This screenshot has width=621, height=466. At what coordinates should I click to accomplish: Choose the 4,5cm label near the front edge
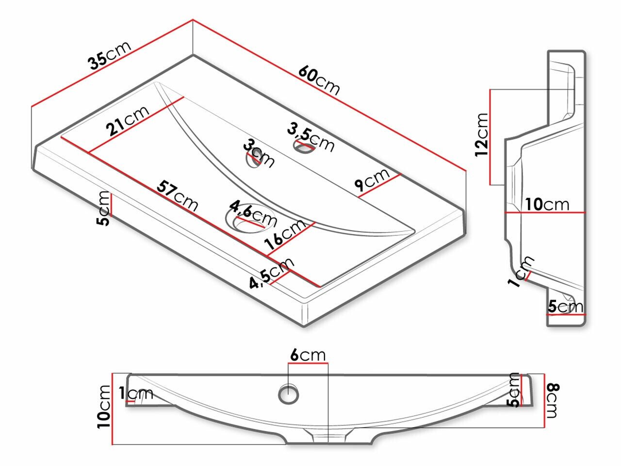[272, 273]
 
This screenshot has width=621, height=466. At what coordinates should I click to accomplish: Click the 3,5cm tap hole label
[311, 137]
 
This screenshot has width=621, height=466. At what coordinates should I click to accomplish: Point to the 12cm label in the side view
[482, 134]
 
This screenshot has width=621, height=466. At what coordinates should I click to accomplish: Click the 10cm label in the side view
[546, 204]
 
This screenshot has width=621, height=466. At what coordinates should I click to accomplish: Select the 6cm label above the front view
[308, 355]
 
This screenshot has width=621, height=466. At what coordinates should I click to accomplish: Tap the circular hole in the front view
[290, 393]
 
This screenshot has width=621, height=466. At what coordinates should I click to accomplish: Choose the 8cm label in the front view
[553, 400]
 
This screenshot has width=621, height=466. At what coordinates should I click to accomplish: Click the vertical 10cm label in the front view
[104, 407]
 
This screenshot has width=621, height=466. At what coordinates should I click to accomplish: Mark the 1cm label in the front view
[136, 394]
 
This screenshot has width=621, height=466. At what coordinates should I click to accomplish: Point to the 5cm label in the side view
[565, 306]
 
